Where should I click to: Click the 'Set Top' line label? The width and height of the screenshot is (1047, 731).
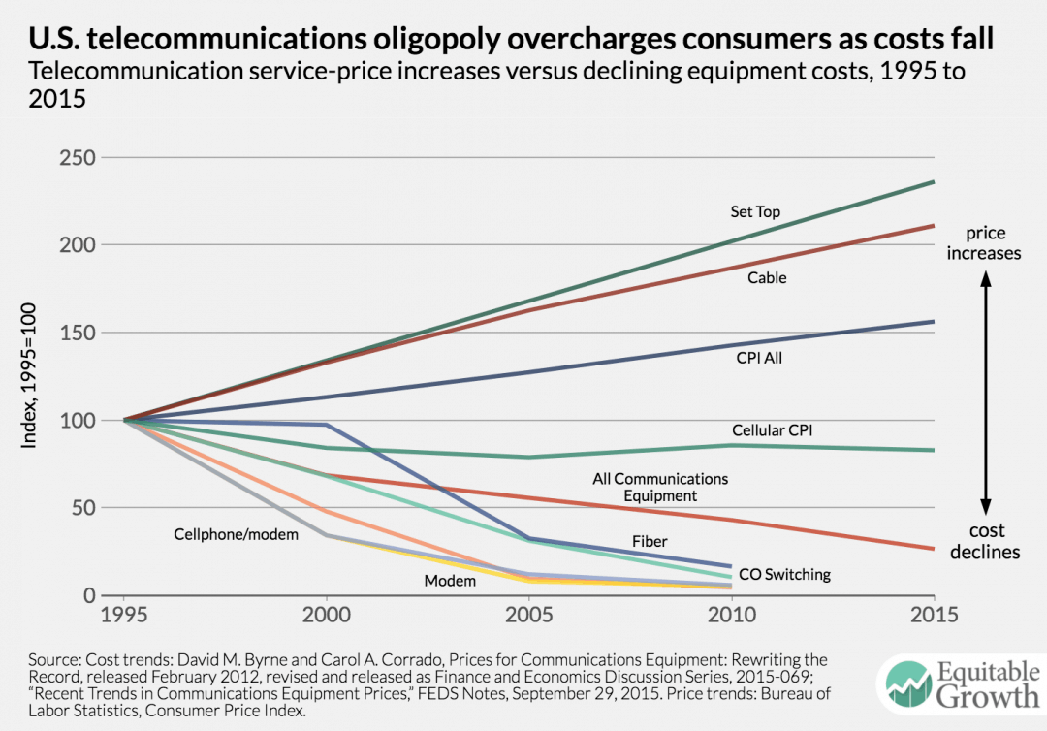[755, 211]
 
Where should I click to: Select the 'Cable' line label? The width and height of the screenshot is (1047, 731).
[766, 278]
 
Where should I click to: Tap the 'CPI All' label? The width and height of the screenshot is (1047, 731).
[759, 358]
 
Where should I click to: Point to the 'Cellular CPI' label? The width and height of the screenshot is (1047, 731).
[772, 429]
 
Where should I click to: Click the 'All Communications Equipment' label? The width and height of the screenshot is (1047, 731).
[659, 487]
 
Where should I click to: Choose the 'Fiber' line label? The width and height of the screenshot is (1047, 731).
[650, 541]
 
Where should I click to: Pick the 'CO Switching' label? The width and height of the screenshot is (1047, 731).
[784, 574]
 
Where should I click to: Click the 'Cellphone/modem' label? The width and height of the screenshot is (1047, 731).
[223, 534]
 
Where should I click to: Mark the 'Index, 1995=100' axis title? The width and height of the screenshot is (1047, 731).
[30, 376]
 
